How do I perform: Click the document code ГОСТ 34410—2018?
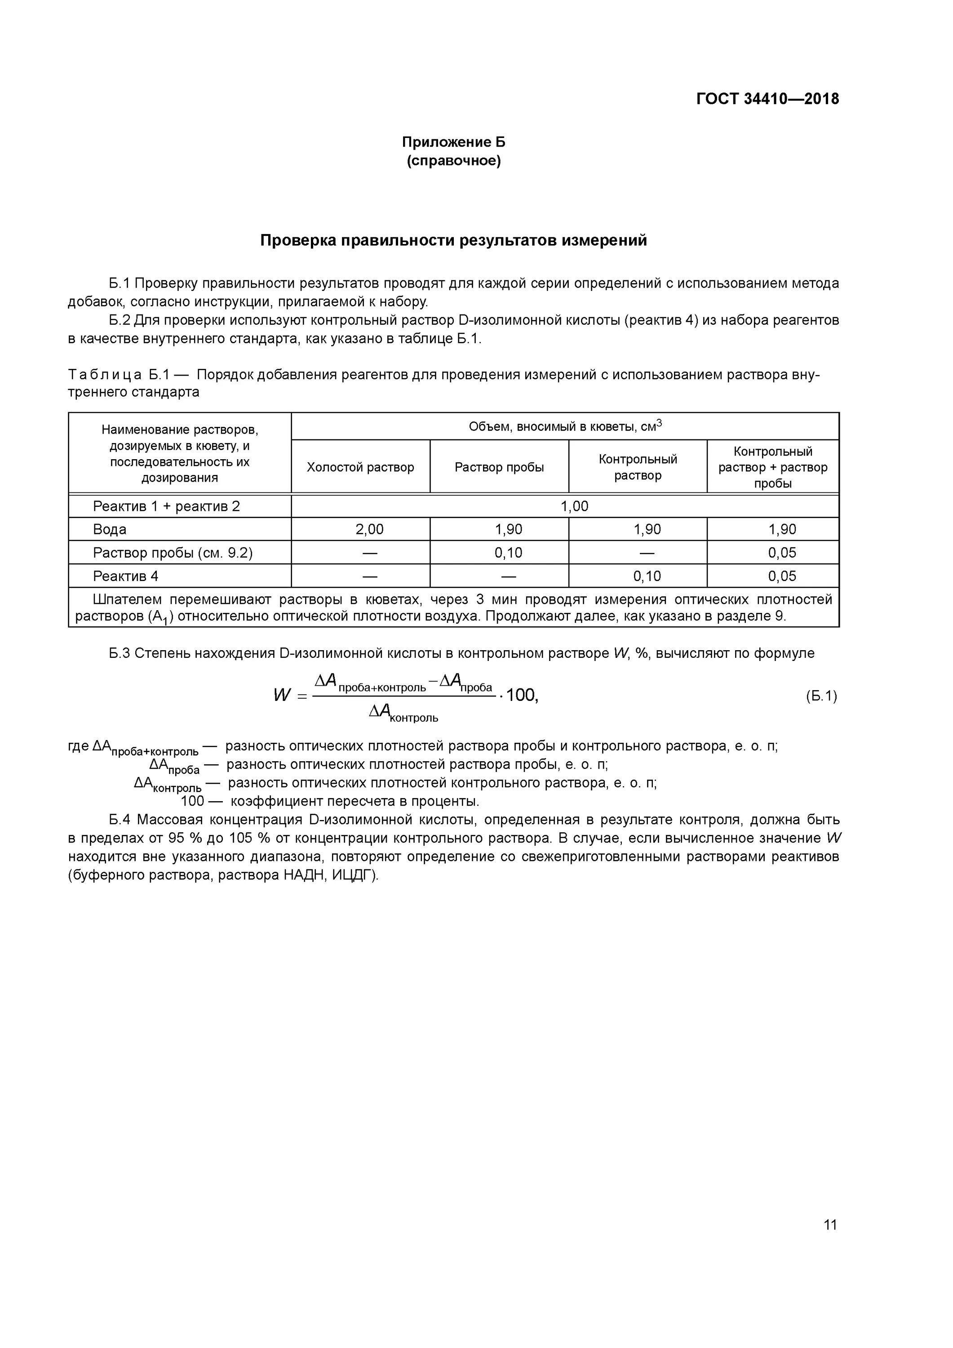[767, 99]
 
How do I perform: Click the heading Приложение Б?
[453, 142]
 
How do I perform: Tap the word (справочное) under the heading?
[453, 161]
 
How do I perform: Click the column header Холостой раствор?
[360, 467]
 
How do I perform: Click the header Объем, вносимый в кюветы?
[564, 426]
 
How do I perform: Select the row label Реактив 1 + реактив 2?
[166, 506]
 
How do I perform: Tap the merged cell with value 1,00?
[574, 506]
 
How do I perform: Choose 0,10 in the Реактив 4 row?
[647, 576]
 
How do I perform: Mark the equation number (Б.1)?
[820, 696]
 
